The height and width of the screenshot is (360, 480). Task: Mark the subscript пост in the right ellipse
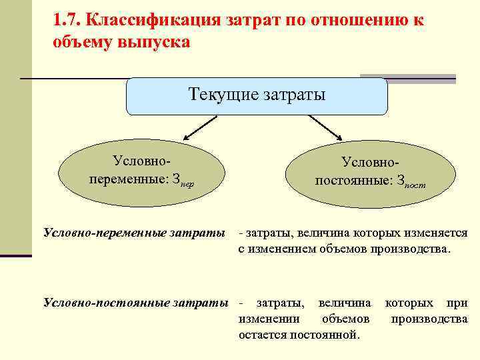pos(414,185)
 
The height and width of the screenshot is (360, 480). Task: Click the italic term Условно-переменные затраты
pos(133,233)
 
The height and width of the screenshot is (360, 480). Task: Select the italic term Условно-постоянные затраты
pos(135,303)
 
